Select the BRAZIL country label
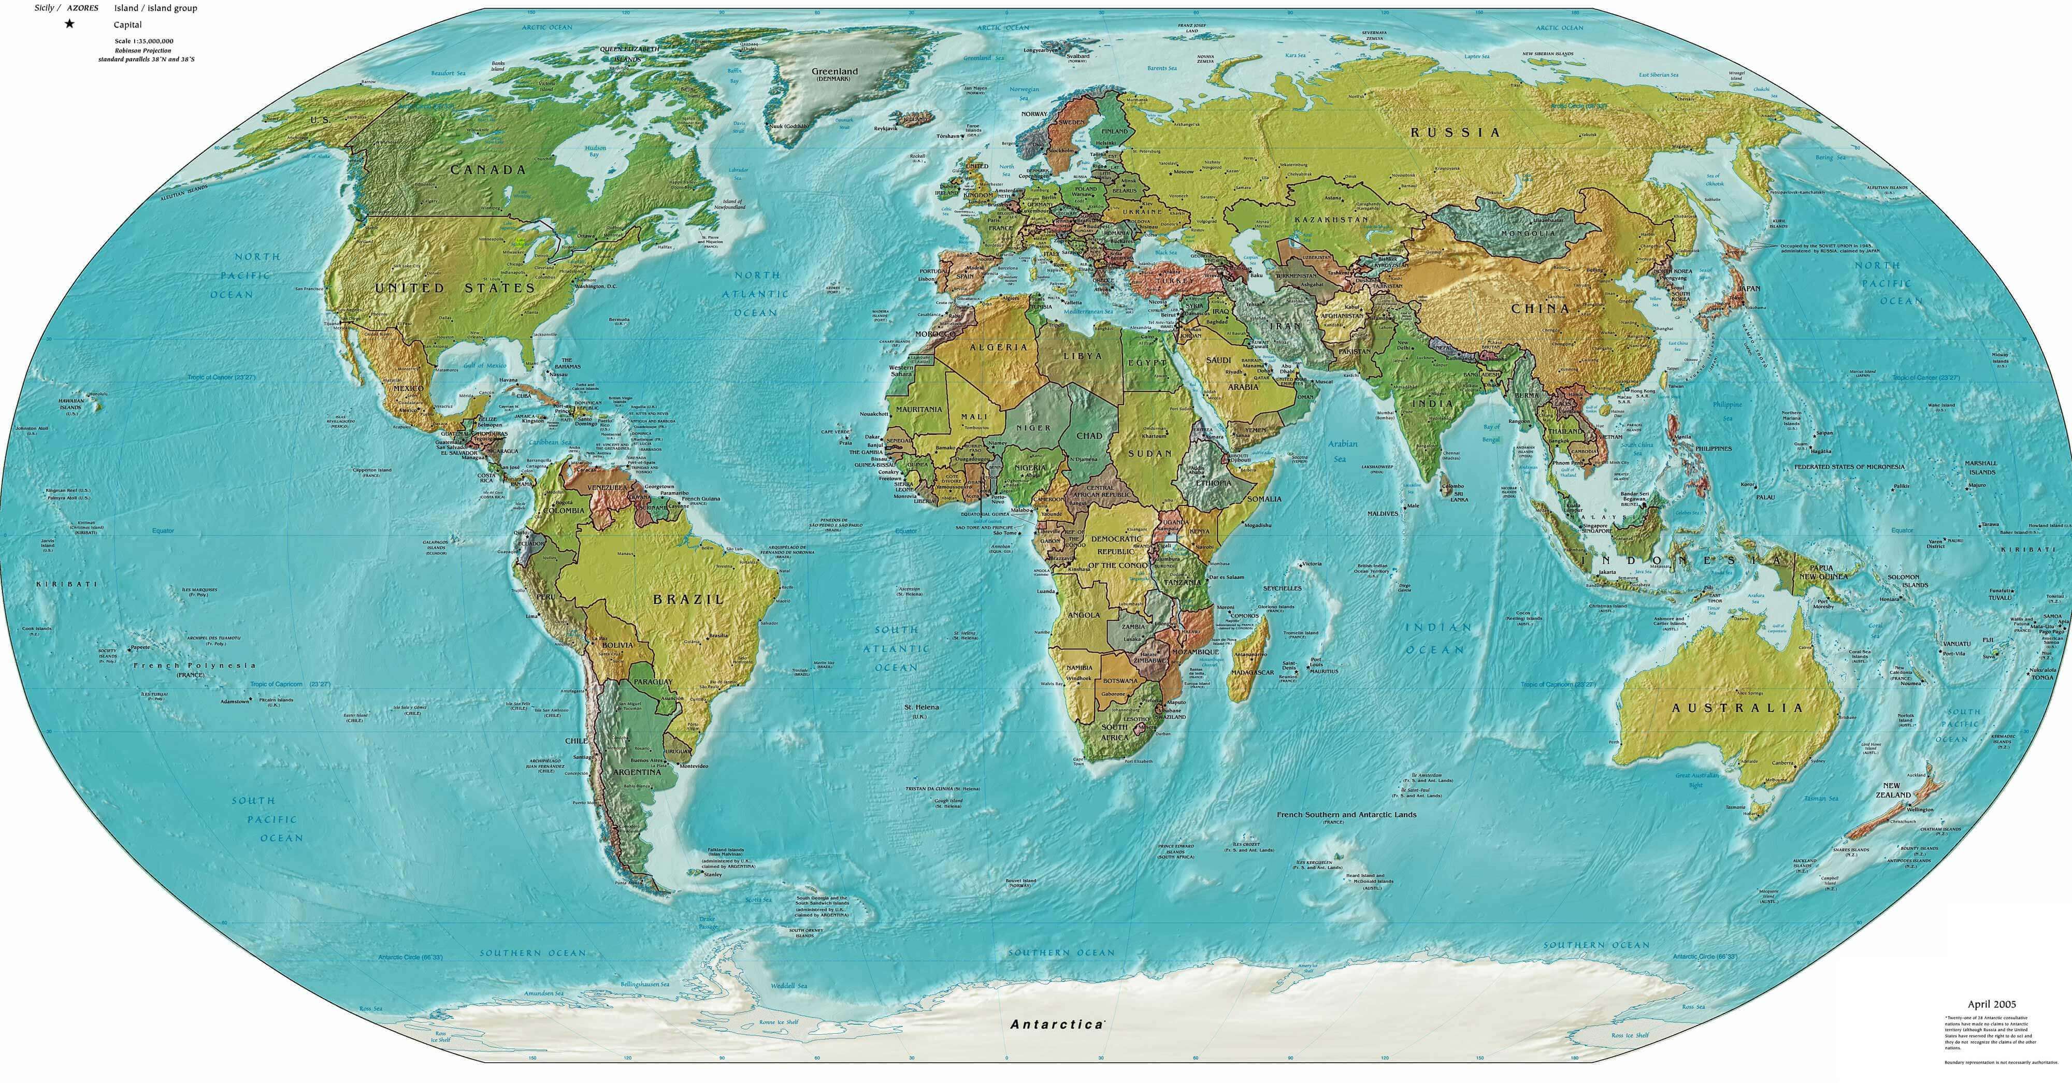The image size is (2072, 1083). pos(688,599)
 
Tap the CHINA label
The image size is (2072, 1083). pos(1539,308)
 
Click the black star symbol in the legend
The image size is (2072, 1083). pos(70,24)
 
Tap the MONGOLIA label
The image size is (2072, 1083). pos(1528,233)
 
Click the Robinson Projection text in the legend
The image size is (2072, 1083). pos(143,50)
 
